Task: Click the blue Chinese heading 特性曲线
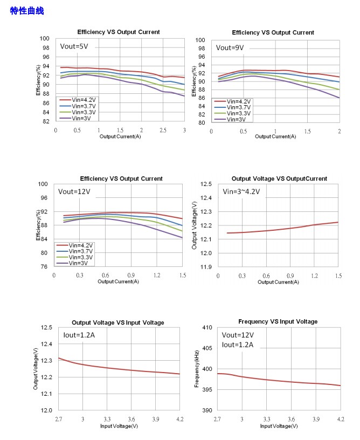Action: click(x=27, y=11)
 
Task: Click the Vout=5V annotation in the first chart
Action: click(x=74, y=46)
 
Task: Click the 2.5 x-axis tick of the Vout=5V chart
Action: click(x=163, y=130)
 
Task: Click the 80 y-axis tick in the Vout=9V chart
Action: click(x=201, y=122)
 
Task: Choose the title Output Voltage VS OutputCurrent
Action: click(x=279, y=178)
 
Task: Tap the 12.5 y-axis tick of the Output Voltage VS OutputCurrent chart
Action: click(x=206, y=184)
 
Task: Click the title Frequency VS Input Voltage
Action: click(x=278, y=321)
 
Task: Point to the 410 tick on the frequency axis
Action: click(x=206, y=327)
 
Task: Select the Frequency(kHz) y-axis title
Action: click(x=197, y=369)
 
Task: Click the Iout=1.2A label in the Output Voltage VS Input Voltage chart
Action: click(x=79, y=335)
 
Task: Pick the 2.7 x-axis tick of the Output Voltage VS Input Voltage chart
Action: click(x=58, y=419)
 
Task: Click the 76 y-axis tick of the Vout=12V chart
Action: click(x=45, y=267)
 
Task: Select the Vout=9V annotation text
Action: click(x=230, y=47)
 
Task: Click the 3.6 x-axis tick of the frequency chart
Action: click(x=291, y=419)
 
